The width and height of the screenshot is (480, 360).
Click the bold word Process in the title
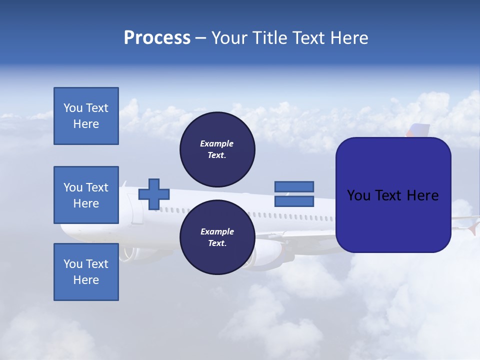pyautogui.click(x=157, y=38)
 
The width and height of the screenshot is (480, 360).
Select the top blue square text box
pyautogui.click(x=86, y=116)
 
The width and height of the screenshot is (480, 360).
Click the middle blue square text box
pyautogui.click(x=86, y=195)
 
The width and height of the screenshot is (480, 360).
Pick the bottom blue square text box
pyautogui.click(x=86, y=272)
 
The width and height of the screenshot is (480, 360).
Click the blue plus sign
pyautogui.click(x=154, y=194)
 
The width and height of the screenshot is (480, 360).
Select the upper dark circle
pyautogui.click(x=217, y=149)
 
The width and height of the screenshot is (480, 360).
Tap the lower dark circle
pyautogui.click(x=217, y=237)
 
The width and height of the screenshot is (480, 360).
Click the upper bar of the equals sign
pyautogui.click(x=294, y=187)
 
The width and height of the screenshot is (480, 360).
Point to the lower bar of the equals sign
pyautogui.click(x=294, y=201)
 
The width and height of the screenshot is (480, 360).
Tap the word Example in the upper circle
pyautogui.click(x=216, y=143)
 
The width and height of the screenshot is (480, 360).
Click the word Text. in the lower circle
pyautogui.click(x=217, y=243)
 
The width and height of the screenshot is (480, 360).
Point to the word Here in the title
pyautogui.click(x=348, y=38)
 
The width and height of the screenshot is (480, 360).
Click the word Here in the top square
pyautogui.click(x=86, y=124)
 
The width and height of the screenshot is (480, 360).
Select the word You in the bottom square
pyautogui.click(x=73, y=264)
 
